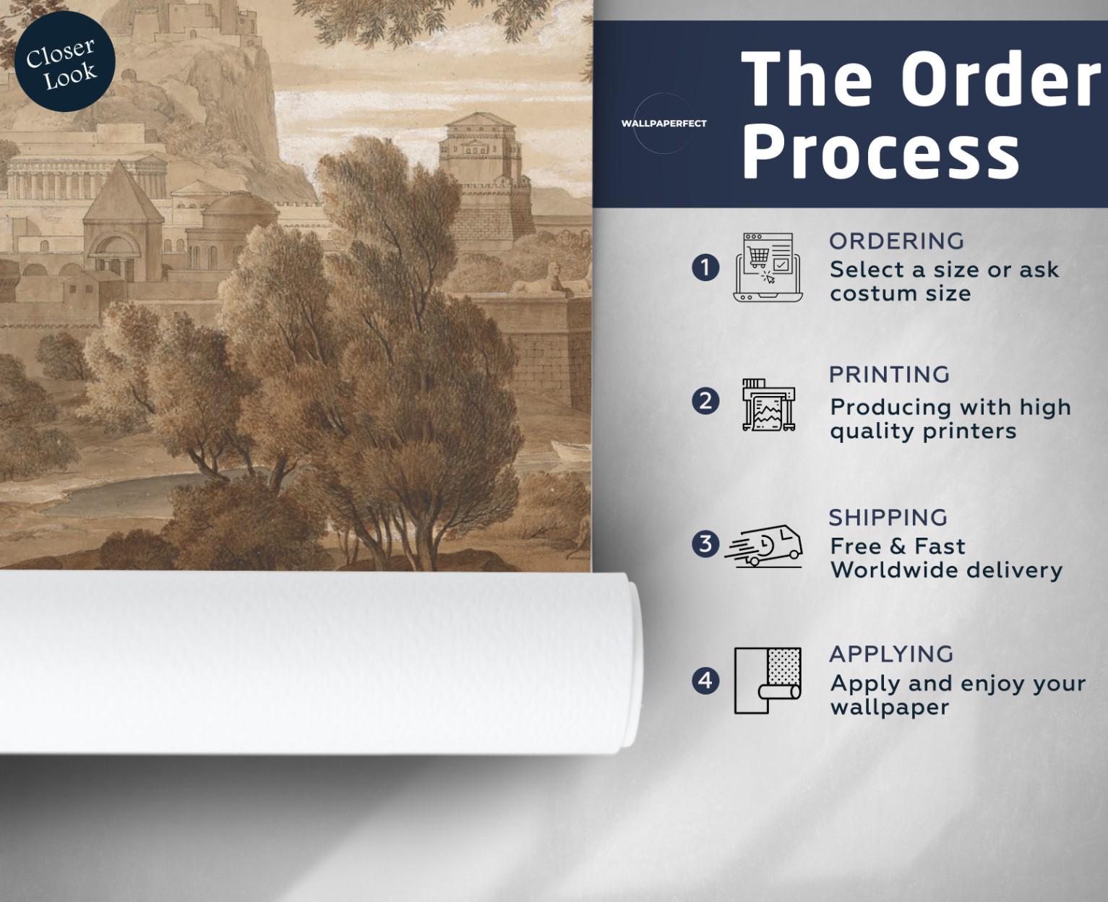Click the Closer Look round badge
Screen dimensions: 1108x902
(x=64, y=61)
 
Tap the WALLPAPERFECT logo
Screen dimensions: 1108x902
(x=663, y=124)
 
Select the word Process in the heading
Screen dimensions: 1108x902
(x=880, y=154)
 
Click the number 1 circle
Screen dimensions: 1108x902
(x=705, y=268)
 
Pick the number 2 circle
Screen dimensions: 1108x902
(x=705, y=402)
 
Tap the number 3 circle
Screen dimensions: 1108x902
(x=705, y=544)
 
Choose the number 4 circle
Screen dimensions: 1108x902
(x=705, y=680)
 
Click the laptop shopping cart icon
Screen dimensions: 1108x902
(x=768, y=267)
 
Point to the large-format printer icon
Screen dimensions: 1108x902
(x=768, y=405)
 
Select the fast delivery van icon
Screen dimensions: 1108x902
(x=764, y=546)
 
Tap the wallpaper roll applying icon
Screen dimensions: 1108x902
(x=768, y=680)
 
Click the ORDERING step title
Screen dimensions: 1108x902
(x=897, y=241)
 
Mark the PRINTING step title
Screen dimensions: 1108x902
(x=890, y=374)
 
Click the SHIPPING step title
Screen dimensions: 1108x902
(x=888, y=517)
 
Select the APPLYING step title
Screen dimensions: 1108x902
(x=892, y=654)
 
